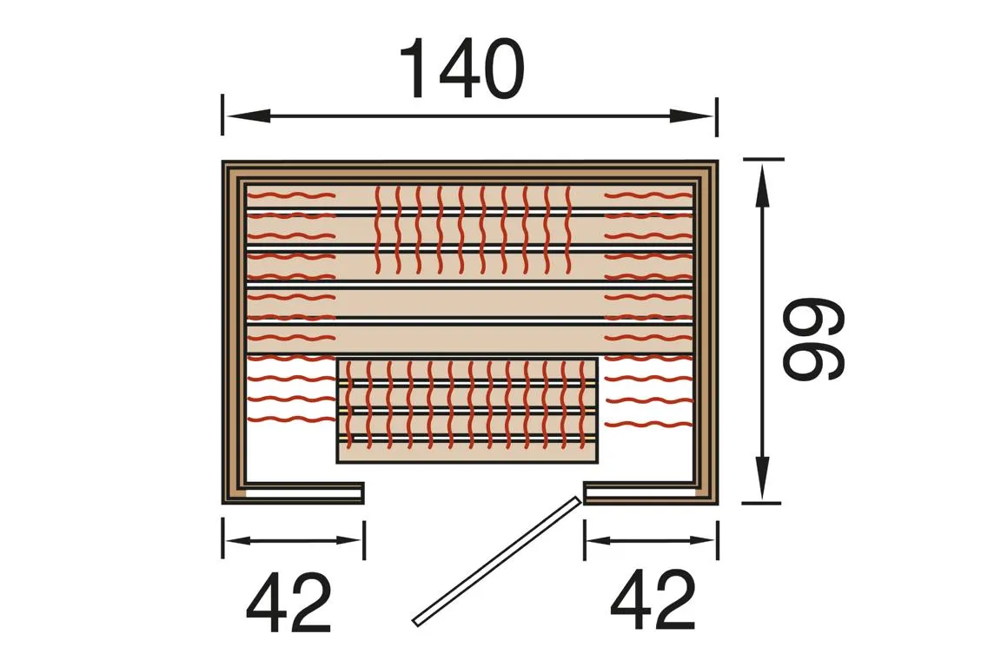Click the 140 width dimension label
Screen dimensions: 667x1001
(x=461, y=69)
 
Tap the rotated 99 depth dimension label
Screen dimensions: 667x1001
(x=812, y=340)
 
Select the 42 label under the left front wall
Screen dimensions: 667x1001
(x=288, y=602)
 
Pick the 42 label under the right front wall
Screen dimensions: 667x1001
(x=653, y=602)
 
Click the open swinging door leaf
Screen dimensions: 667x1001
(x=496, y=560)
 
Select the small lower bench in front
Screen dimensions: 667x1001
(x=467, y=410)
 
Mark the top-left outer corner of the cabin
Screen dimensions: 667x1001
(x=223, y=162)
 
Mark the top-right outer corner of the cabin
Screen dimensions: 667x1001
(x=718, y=162)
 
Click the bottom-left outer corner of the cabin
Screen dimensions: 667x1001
(x=223, y=503)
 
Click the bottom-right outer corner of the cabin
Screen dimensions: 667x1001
(x=718, y=503)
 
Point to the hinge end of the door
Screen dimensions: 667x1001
(x=575, y=499)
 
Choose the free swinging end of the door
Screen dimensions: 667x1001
(x=416, y=621)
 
